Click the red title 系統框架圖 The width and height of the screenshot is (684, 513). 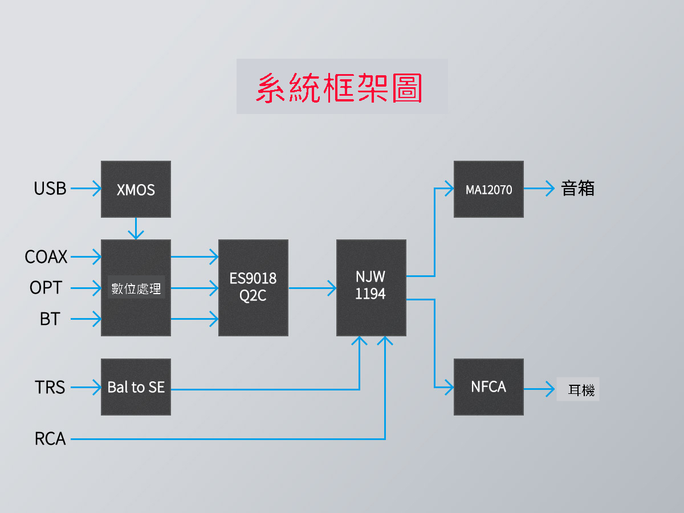click(339, 88)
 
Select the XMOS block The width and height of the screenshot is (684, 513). click(136, 189)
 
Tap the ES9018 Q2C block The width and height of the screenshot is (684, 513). click(253, 287)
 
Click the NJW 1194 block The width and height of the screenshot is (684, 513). click(371, 287)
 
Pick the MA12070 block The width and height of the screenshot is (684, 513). click(488, 189)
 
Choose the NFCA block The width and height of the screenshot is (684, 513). click(488, 387)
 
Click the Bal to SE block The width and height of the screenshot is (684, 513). click(136, 387)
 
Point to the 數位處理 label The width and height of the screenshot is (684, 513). click(136, 288)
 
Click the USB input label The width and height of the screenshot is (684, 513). click(50, 189)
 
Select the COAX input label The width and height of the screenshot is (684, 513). click(46, 256)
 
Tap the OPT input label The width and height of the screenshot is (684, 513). click(46, 287)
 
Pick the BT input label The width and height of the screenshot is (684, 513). click(50, 319)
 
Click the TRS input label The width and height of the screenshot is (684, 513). click(50, 387)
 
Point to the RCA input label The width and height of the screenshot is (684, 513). click(50, 438)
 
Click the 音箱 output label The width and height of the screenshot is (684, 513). click(578, 189)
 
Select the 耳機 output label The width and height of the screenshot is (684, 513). click(581, 390)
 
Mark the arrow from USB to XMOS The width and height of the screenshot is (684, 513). click(86, 189)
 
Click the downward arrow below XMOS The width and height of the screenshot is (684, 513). click(136, 229)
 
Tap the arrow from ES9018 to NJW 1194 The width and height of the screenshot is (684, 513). click(312, 288)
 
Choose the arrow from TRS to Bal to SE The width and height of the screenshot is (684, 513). click(86, 387)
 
